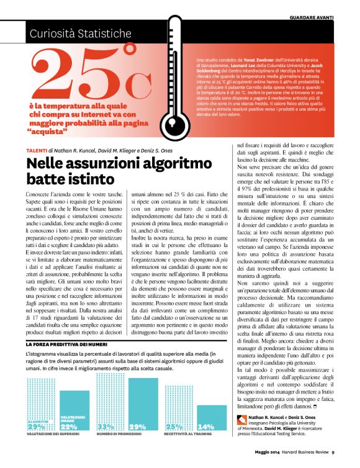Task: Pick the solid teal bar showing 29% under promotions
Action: tap(138, 403)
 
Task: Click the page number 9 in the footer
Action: tap(333, 460)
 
